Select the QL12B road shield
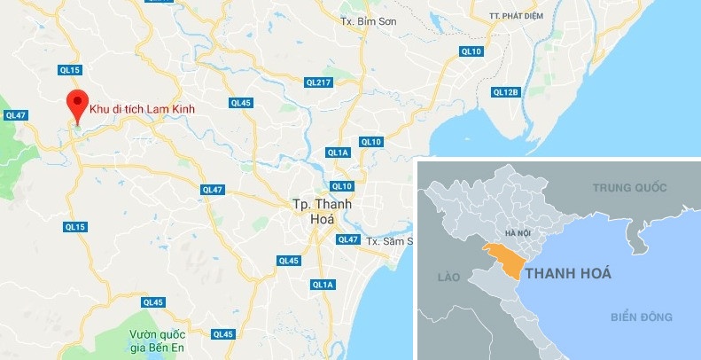click(x=504, y=92)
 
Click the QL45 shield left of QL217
click(x=241, y=103)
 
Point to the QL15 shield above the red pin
click(x=70, y=70)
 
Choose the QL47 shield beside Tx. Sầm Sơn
click(x=348, y=239)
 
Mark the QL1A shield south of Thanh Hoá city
click(x=323, y=284)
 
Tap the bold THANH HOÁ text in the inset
click(x=567, y=273)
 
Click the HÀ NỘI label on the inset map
click(x=517, y=232)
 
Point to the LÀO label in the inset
click(x=448, y=278)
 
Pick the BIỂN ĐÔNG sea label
click(x=642, y=317)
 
